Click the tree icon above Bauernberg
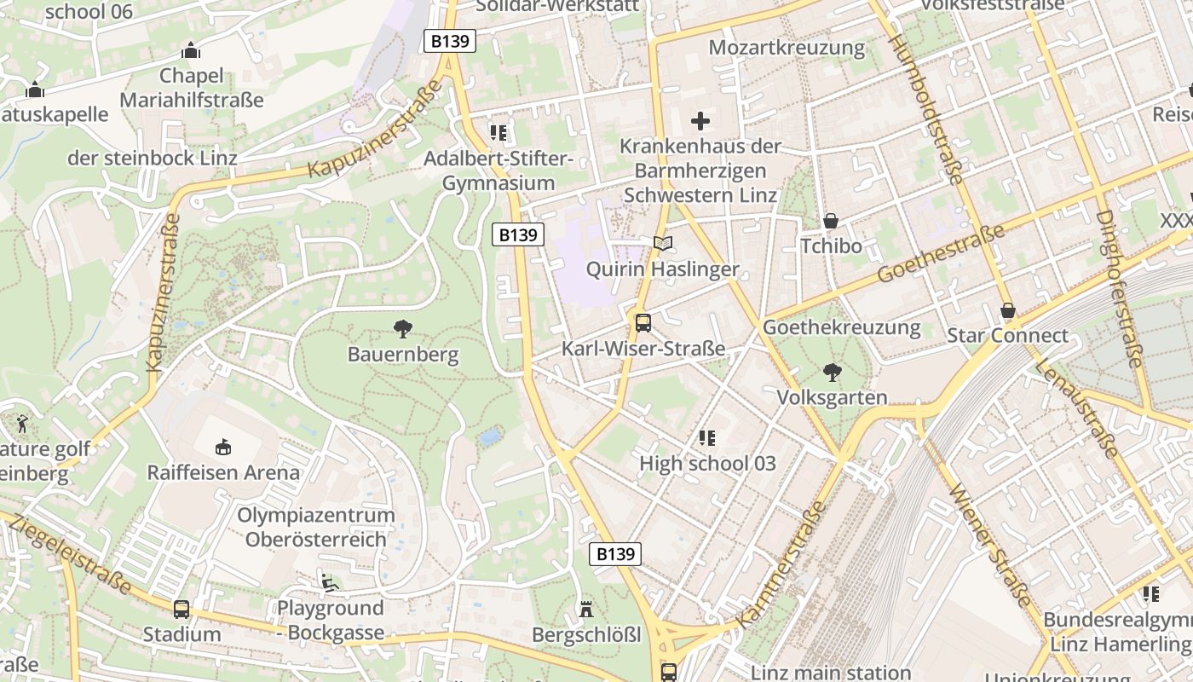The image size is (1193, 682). (403, 328)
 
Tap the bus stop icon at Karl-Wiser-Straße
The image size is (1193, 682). (643, 323)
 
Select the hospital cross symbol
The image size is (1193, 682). (700, 121)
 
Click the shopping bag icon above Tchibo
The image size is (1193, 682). (831, 221)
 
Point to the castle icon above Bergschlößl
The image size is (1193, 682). (586, 610)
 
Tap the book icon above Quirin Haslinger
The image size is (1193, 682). (663, 244)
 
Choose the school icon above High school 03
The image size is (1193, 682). (706, 438)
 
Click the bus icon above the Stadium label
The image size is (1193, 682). (182, 609)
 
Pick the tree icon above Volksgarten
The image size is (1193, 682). (832, 372)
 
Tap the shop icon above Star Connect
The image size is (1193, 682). (1008, 310)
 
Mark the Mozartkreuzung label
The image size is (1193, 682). (787, 47)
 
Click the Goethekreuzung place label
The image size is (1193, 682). (842, 327)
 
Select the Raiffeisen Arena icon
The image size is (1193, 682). (223, 447)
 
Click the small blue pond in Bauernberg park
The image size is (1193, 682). (490, 438)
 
